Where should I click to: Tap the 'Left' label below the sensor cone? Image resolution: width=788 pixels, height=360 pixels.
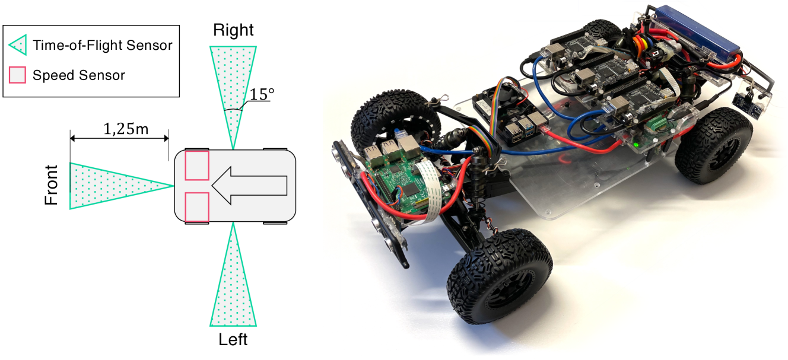[x=233, y=340]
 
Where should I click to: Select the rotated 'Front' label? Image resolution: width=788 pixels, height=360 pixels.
[x=52, y=185]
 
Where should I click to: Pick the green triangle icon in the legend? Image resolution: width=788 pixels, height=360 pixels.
[x=18, y=44]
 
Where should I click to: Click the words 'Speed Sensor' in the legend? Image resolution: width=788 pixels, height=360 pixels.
[x=79, y=75]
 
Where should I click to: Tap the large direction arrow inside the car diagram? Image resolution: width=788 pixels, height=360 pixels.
[x=249, y=186]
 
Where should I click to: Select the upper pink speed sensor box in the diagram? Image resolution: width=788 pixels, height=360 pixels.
[x=197, y=165]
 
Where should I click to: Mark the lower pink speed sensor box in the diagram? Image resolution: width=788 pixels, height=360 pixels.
[x=197, y=207]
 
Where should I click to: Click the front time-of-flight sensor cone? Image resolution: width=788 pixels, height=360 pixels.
[x=113, y=186]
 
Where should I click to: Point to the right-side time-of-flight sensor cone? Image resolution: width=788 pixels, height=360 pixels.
[x=233, y=89]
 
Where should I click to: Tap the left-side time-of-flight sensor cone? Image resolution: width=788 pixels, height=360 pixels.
[x=233, y=285]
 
